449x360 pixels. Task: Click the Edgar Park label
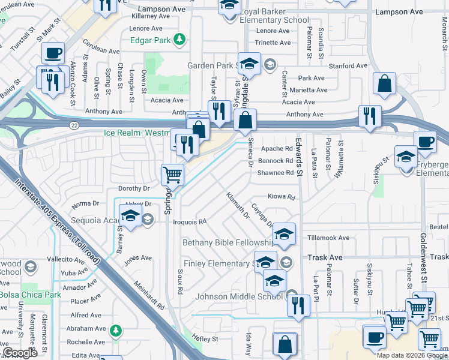coord(150,40)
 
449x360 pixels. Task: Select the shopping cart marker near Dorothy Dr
coord(172,175)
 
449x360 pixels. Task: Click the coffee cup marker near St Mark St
coord(53,53)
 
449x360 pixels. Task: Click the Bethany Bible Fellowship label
coord(228,242)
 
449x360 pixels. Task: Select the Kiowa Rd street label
coord(282,197)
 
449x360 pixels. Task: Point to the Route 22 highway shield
coord(74,124)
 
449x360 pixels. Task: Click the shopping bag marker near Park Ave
coord(384,85)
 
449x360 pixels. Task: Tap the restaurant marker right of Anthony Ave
coord(370,115)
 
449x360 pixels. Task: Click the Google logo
coord(20,353)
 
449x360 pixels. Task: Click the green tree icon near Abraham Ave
coord(116,329)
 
